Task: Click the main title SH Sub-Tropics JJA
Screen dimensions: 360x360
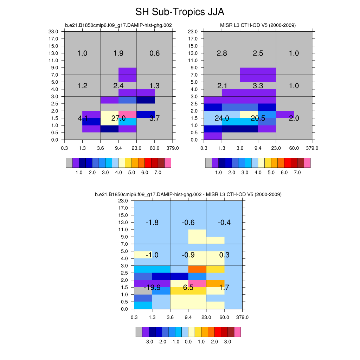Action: pos(180,12)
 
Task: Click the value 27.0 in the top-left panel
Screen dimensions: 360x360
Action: pos(118,118)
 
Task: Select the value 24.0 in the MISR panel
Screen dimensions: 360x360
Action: pos(222,118)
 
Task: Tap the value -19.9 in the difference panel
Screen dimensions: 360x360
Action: pos(152,288)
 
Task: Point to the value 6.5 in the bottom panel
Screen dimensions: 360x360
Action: pos(188,288)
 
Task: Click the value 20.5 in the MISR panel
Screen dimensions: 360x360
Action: pos(258,118)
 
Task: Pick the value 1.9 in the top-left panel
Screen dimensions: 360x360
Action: pos(118,53)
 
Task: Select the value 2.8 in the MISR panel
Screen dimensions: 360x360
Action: pos(222,53)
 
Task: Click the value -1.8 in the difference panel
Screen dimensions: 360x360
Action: pos(152,223)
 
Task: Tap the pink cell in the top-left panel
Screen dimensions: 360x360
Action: pos(128,115)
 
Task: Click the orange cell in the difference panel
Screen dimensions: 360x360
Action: pos(197,269)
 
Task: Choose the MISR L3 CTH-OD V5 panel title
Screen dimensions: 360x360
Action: pos(258,25)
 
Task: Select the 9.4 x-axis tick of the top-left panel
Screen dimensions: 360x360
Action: pos(118,148)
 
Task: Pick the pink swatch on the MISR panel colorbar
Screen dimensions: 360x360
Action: pos(307,163)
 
